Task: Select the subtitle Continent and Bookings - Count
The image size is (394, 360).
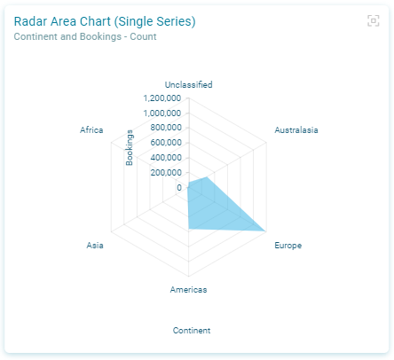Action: [85, 36]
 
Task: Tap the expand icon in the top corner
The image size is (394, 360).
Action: [374, 20]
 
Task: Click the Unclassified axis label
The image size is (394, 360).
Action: [188, 85]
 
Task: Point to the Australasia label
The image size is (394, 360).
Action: [296, 130]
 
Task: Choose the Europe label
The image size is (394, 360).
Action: [288, 246]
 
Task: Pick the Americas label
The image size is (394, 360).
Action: [188, 290]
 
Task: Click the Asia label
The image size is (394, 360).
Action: [95, 246]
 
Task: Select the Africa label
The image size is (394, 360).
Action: [91, 130]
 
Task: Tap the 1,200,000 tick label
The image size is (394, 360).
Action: [162, 98]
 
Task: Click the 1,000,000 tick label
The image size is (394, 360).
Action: [162, 113]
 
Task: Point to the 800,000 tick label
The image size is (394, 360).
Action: [166, 128]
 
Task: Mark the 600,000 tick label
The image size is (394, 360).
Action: [166, 143]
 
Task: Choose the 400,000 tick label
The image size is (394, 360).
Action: [166, 158]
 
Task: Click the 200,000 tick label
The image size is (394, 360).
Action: [166, 173]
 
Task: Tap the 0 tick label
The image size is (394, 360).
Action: [179, 187]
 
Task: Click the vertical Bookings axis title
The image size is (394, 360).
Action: [130, 148]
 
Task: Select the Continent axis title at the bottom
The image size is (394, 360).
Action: [192, 331]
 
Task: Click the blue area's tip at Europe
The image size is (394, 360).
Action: [265, 231]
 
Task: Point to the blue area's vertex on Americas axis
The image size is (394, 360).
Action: [189, 229]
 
